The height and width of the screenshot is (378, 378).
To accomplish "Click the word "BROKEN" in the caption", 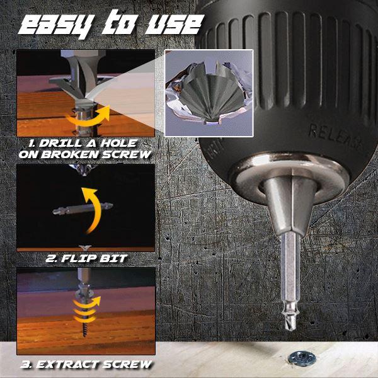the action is click(x=70, y=154).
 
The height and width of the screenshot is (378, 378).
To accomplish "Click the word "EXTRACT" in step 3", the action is click(x=68, y=365).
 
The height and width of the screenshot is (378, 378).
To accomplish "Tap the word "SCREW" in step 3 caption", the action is click(x=127, y=365).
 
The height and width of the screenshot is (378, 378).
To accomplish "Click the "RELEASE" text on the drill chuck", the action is click(x=336, y=135).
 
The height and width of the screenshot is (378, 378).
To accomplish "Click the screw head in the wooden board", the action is click(x=302, y=358).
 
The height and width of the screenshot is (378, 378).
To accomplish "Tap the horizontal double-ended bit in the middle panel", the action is click(x=83, y=209).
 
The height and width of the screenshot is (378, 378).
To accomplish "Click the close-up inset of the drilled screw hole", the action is click(x=209, y=93).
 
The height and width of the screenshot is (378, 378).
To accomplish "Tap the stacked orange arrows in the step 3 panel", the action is click(x=86, y=309).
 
